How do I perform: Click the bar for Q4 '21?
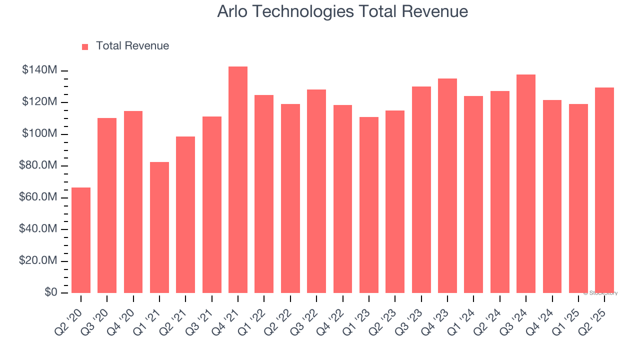[238, 180]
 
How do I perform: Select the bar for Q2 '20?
[81, 240]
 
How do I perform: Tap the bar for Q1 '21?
[159, 227]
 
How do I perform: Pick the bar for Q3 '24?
[526, 184]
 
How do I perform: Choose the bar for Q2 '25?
[604, 190]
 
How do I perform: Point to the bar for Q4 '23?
[447, 186]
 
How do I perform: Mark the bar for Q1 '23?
[369, 205]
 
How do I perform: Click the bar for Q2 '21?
[185, 215]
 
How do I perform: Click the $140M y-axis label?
[39, 70]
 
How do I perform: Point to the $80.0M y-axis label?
[38, 165]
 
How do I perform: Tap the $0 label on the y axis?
[50, 292]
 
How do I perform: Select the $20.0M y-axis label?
[38, 261]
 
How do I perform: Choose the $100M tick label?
[39, 134]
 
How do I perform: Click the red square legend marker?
[85, 47]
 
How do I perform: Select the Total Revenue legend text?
[132, 46]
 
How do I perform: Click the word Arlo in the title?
[232, 12]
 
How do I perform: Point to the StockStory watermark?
[600, 293]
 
